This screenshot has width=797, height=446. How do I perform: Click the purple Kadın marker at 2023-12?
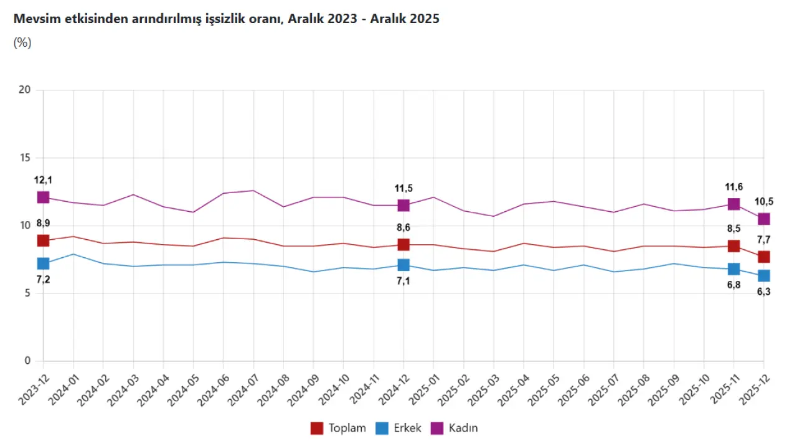pos(43,197)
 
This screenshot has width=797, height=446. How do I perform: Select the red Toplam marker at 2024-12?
pos(403,245)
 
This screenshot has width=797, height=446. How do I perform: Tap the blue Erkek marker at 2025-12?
pos(763,275)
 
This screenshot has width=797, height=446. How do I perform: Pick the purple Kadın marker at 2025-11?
pos(733,204)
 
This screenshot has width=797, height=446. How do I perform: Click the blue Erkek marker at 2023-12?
pos(43,263)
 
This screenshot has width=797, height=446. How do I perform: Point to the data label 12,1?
pos(43,180)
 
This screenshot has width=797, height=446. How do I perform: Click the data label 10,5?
pos(763,201)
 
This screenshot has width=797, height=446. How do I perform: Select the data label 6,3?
pos(763,292)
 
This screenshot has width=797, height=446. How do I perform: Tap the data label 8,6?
pos(403,228)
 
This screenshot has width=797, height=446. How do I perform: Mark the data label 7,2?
pos(43,280)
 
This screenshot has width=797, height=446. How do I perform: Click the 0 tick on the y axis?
pos(27,361)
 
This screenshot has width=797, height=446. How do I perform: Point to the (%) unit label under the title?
pos(22,42)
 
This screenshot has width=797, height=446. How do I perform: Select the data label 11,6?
pos(733,187)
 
